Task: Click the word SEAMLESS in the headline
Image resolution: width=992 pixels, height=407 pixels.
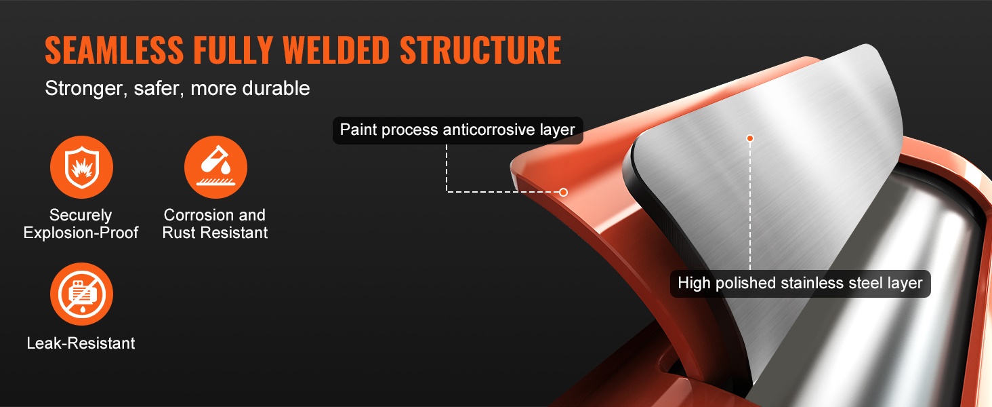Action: click(115, 50)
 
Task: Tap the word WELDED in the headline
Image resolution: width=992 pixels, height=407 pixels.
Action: click(337, 50)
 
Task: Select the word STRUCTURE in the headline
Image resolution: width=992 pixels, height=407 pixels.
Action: click(480, 50)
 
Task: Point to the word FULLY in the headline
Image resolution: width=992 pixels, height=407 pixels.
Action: click(233, 50)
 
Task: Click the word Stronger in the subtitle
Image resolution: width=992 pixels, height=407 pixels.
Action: click(83, 89)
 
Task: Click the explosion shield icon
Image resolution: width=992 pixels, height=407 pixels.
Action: click(81, 167)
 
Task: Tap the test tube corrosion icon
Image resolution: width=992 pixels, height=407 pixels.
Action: click(215, 167)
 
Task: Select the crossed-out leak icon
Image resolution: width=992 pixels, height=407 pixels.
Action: click(81, 294)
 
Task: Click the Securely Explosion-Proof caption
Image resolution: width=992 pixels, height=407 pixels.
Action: click(81, 224)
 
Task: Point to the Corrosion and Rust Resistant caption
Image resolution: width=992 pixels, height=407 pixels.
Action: click(215, 224)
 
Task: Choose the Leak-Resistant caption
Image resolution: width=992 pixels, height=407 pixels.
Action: click(81, 343)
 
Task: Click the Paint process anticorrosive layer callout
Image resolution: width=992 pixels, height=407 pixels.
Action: click(457, 130)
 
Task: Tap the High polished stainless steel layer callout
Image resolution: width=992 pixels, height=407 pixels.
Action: click(800, 284)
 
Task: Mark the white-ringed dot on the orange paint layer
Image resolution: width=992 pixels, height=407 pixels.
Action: click(563, 192)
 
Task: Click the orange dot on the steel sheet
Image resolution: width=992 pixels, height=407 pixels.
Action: click(749, 138)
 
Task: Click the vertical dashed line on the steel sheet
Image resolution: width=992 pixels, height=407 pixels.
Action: click(749, 206)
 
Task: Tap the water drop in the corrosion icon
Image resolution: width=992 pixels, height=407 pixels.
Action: click(226, 168)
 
